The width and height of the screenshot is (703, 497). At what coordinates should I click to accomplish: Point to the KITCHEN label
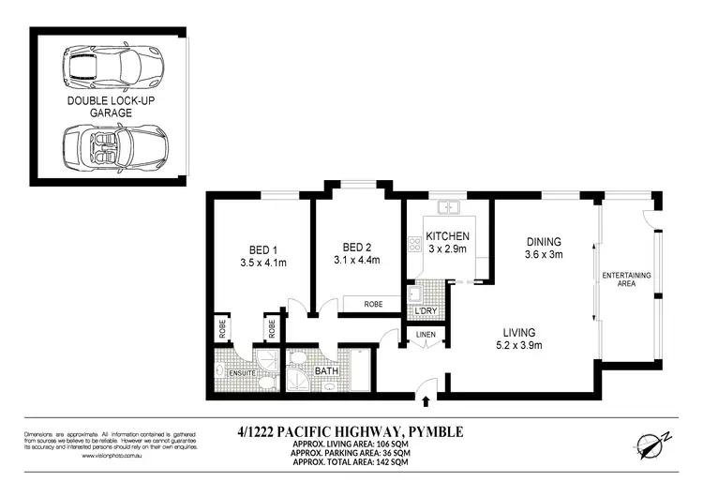click(x=447, y=236)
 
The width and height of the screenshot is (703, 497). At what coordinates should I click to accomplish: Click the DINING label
click(x=544, y=240)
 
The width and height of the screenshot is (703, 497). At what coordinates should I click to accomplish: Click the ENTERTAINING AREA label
click(x=627, y=279)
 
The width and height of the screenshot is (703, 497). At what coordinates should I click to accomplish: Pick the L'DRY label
click(x=426, y=310)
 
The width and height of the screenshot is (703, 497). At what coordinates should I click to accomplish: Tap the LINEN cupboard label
click(x=425, y=334)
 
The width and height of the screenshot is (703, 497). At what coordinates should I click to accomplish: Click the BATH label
click(x=326, y=371)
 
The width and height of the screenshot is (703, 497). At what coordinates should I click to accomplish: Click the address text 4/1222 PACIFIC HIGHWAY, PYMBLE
click(x=351, y=433)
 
